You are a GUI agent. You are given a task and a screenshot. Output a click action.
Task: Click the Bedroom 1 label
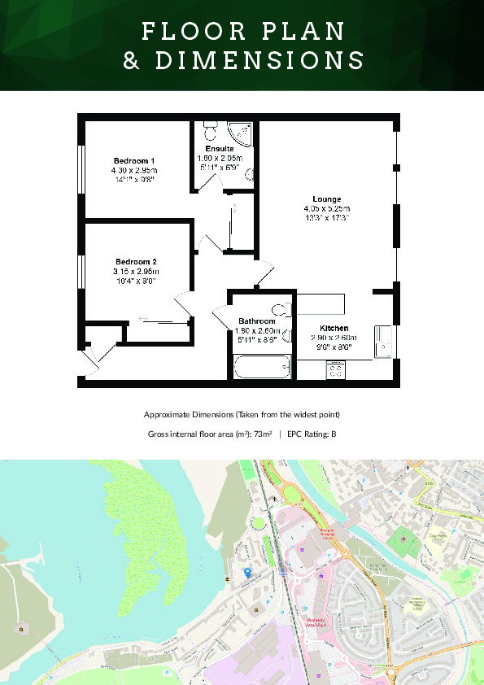click(134, 160)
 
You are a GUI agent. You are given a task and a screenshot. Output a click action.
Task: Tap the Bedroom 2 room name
click(135, 261)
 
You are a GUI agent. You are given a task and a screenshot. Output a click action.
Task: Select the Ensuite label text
click(220, 149)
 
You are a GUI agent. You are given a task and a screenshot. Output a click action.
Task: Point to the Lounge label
click(326, 199)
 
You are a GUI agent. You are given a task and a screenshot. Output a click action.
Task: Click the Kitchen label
click(334, 328)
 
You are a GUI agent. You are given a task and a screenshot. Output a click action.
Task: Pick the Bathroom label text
click(257, 321)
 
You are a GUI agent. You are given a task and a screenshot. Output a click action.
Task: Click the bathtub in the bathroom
click(262, 369)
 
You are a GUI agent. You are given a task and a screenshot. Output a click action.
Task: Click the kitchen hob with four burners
click(334, 370)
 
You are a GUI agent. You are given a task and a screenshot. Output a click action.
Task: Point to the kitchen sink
click(383, 342)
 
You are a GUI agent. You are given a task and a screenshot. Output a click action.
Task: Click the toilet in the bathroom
click(281, 309)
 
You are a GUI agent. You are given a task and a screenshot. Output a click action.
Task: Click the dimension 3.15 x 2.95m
click(135, 271)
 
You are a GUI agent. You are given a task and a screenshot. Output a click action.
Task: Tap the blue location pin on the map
click(247, 573)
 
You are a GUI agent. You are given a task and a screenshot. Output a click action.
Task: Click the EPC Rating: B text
click(312, 434)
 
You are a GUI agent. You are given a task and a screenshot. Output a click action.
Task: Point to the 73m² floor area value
click(263, 434)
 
